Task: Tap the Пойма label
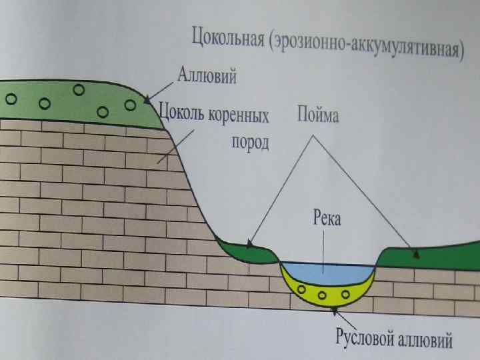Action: click(x=317, y=117)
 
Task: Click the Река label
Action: click(x=326, y=219)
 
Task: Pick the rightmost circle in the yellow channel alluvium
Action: click(x=345, y=292)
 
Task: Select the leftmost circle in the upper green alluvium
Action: click(x=11, y=98)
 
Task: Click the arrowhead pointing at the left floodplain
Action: click(x=247, y=244)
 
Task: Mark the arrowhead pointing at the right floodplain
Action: click(x=417, y=253)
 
